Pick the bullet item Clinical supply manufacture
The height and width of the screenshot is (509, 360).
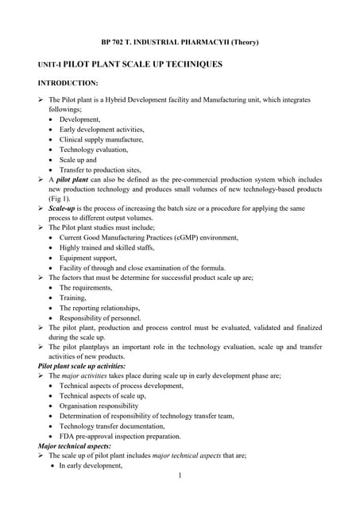coord(102,139)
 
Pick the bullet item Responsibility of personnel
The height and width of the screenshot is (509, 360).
coord(99,317)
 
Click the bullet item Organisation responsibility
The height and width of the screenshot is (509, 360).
coord(99,405)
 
